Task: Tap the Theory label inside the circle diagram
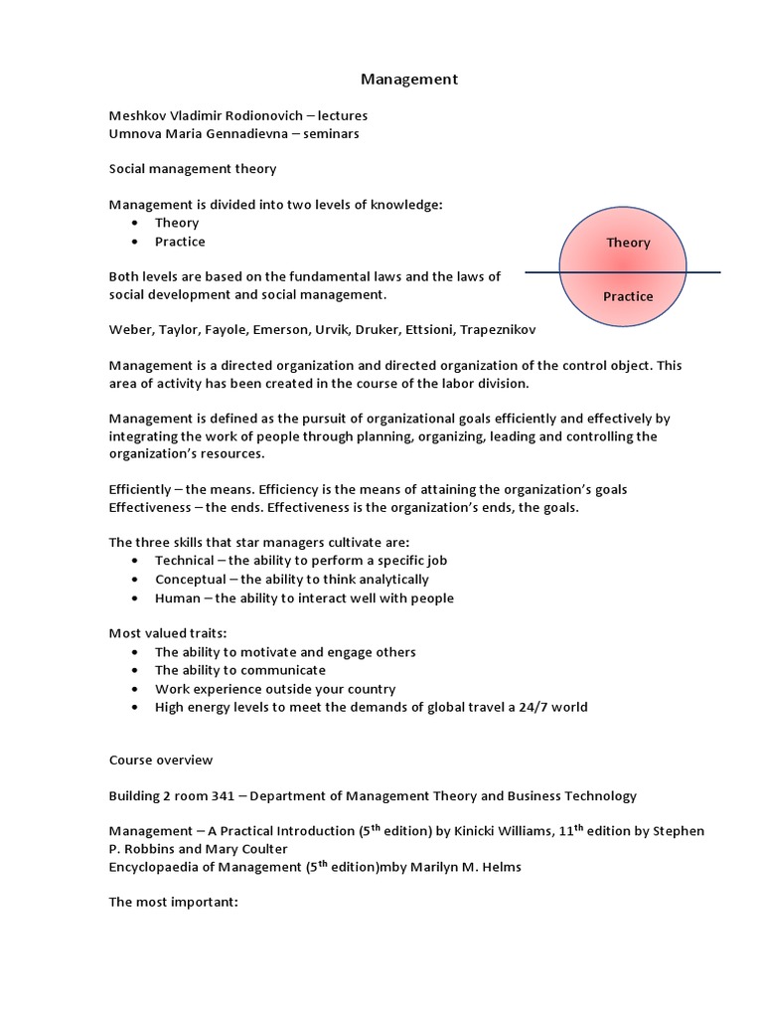pos(628,243)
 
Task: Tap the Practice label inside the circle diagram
pos(628,296)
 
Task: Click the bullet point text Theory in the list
pos(177,223)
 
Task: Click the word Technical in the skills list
pos(184,560)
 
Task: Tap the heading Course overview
pos(161,760)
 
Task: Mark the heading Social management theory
pos(193,169)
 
